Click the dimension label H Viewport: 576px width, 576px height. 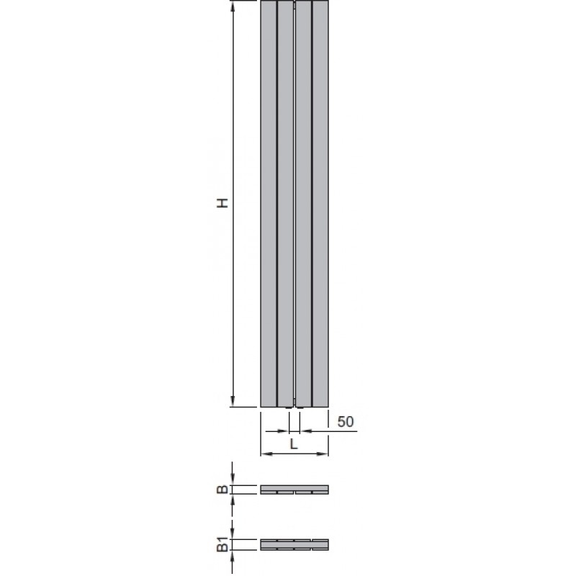(222, 203)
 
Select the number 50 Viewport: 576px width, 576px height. (346, 421)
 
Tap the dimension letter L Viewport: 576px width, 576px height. (294, 444)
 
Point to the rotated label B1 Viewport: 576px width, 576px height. (222, 544)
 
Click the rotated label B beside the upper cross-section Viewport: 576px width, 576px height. (222, 490)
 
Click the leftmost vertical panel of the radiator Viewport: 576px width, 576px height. (269, 204)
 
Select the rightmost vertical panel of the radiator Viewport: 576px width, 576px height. (320, 204)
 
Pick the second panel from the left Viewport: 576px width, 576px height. (285, 204)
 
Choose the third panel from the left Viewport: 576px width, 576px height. (303, 204)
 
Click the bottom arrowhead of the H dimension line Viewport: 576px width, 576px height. (232, 402)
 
